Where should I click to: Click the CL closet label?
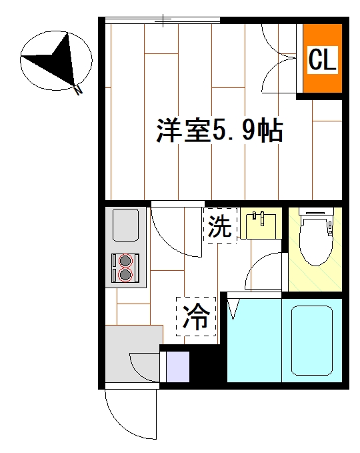323,61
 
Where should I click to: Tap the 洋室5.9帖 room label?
220,131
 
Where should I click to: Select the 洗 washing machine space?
220,226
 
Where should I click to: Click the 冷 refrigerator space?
196,316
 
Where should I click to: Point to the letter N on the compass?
79,90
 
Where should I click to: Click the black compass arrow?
56,60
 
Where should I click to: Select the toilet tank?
317,215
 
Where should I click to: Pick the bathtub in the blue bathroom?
313,340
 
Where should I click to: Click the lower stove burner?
125,274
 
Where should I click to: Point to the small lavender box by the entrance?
177,368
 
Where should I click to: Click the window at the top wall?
163,21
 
